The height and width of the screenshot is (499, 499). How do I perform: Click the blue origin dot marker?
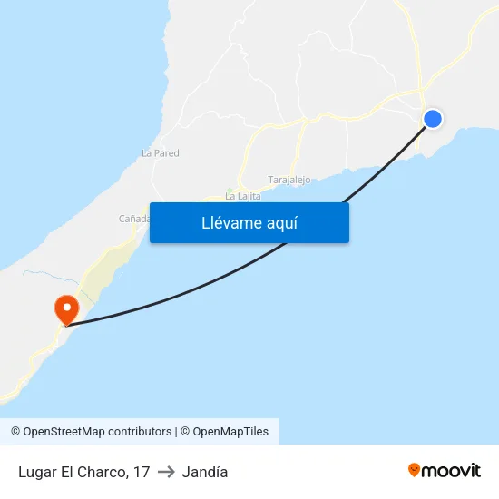pyautogui.click(x=433, y=118)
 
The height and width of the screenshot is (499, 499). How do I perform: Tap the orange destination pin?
pyautogui.click(x=66, y=309)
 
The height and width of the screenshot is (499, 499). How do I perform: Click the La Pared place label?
pyautogui.click(x=161, y=153)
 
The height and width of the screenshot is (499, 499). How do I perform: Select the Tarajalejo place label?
pyautogui.click(x=289, y=180)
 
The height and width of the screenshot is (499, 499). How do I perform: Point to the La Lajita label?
pyautogui.click(x=242, y=196)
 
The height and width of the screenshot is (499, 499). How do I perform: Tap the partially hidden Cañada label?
pyautogui.click(x=134, y=219)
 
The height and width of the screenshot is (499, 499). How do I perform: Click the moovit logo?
pyautogui.click(x=444, y=470)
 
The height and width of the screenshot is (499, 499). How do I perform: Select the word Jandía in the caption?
pyautogui.click(x=205, y=472)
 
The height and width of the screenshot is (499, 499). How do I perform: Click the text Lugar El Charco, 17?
pyautogui.click(x=83, y=472)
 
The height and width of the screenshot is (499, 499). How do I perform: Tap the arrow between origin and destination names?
pyautogui.click(x=166, y=472)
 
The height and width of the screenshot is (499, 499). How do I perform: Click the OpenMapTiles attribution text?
pyautogui.click(x=224, y=432)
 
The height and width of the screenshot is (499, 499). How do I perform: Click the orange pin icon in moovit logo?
pyautogui.click(x=415, y=470)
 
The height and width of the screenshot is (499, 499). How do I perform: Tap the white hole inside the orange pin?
pyautogui.click(x=66, y=306)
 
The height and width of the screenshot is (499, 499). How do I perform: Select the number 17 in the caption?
pyautogui.click(x=141, y=472)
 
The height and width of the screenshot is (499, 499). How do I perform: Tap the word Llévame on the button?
pyautogui.click(x=232, y=223)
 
